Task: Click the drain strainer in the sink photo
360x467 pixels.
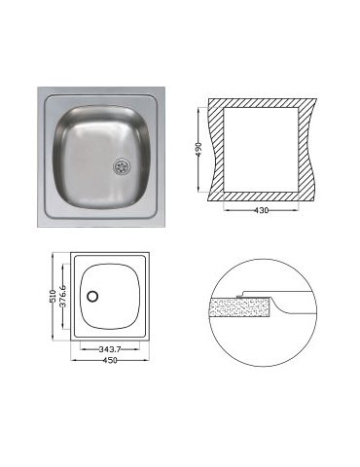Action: point(122,166)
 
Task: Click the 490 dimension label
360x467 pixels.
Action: point(199,149)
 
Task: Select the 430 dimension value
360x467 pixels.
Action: point(261,210)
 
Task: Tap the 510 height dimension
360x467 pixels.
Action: point(54,297)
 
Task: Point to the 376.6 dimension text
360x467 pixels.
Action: point(63,296)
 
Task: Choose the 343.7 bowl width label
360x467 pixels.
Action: point(110,349)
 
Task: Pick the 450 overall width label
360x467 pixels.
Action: point(110,360)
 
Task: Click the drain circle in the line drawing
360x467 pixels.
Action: point(92,297)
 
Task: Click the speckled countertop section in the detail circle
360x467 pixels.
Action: point(240,307)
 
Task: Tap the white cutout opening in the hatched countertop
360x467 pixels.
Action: point(261,150)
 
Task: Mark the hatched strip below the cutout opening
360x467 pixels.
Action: point(261,197)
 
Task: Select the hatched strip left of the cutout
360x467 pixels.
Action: point(217,150)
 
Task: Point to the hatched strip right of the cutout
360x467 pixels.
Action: point(306,150)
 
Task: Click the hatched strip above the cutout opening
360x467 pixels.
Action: point(262,103)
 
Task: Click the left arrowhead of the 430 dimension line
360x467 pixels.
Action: point(226,210)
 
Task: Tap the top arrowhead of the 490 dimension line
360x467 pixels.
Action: point(198,110)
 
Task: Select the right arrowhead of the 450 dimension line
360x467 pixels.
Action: point(147,360)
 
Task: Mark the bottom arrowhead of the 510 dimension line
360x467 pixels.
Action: point(53,339)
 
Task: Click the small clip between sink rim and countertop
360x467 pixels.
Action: point(239,296)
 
